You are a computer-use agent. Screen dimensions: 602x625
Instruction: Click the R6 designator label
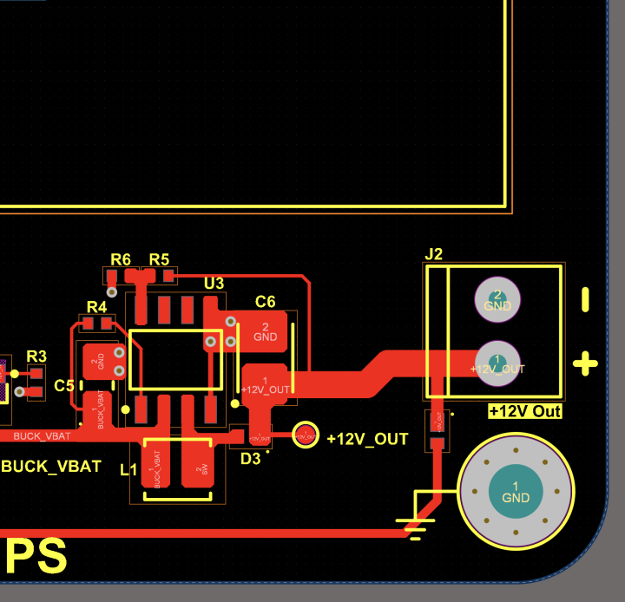[x=121, y=259]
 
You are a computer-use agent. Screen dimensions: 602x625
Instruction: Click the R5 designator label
[x=159, y=259]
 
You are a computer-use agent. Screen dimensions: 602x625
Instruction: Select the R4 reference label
[x=96, y=306]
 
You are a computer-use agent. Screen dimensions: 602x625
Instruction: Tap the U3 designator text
[x=214, y=284]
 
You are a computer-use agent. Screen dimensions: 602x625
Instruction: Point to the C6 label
[x=266, y=302]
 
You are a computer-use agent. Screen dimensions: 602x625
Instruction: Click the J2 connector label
[x=434, y=254]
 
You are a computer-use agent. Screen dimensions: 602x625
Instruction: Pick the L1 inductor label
[x=128, y=470]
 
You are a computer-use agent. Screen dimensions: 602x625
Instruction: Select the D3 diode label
[x=250, y=458]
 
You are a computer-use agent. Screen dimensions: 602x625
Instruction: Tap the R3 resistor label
[x=36, y=356]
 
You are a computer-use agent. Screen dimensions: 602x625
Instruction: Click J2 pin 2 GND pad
[x=497, y=300]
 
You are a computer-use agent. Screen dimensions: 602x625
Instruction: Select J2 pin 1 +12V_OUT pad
[x=497, y=363]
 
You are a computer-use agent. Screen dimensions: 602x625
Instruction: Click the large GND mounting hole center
[x=516, y=492]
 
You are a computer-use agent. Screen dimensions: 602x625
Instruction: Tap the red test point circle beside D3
[x=304, y=435]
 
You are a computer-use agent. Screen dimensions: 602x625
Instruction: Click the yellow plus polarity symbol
[x=586, y=363]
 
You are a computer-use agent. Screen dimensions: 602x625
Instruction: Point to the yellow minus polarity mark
[x=585, y=300]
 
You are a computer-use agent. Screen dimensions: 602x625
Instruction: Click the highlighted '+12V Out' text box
[x=525, y=411]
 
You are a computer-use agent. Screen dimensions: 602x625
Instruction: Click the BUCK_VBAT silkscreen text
[x=51, y=466]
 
